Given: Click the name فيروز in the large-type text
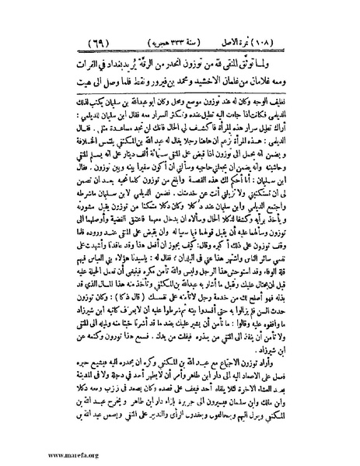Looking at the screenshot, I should pyautogui.click(x=152, y=79).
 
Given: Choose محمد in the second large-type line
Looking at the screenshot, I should pyautogui.click(x=183, y=79).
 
